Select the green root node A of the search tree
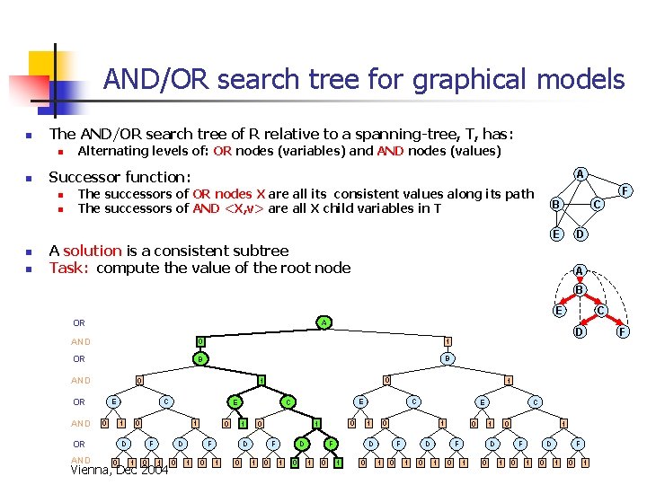[323, 322]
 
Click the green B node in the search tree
[199, 359]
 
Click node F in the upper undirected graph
[627, 190]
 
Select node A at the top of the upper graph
[581, 173]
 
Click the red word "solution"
[92, 251]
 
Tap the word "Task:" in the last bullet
[70, 268]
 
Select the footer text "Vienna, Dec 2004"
[120, 470]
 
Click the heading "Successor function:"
[120, 177]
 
